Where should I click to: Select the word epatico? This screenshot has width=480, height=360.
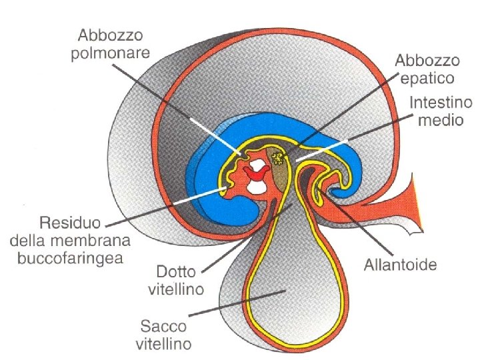pos(427,78)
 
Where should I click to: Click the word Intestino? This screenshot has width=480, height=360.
pos(440,104)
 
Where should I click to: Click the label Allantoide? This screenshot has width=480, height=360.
pos(400,265)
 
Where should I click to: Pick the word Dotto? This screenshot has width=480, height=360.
pos(177,273)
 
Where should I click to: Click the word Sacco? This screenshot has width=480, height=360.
pos(162,327)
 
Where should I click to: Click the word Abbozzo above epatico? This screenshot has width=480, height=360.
pos(427,61)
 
